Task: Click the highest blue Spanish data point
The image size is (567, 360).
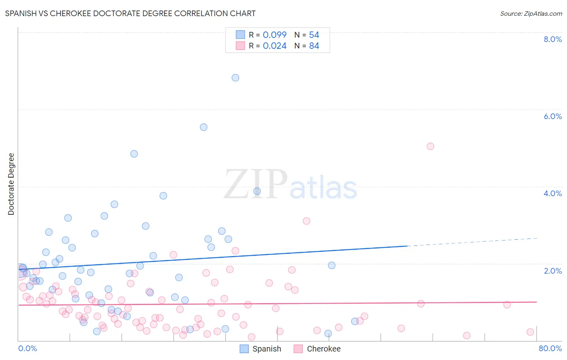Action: tap(236, 77)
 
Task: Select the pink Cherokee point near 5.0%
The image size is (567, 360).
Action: tap(430, 146)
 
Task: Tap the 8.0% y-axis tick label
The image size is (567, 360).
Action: tap(552, 39)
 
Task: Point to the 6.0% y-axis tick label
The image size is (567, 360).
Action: tap(552, 116)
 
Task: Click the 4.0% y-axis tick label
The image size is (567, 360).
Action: tap(552, 193)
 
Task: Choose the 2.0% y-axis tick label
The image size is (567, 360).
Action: tap(552, 271)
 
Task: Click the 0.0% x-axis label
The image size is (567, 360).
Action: tap(27, 348)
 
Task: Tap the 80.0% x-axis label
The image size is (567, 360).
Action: tap(550, 348)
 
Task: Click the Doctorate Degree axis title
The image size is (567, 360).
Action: tap(11, 184)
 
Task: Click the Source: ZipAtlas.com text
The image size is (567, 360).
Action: tap(531, 13)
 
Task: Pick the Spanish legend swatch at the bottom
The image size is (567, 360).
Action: tap(244, 349)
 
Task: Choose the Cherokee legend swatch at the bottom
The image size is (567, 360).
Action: tap(298, 349)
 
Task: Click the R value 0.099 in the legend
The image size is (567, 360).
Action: tap(275, 35)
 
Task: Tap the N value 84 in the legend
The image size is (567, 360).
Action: tap(314, 46)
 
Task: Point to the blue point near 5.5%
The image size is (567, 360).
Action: tap(204, 127)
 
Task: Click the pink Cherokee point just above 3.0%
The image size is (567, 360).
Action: tap(306, 221)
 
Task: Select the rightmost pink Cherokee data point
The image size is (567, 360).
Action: tap(530, 332)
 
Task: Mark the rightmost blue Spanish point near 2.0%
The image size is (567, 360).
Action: tap(331, 265)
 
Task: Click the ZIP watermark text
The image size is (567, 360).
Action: tap(256, 184)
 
